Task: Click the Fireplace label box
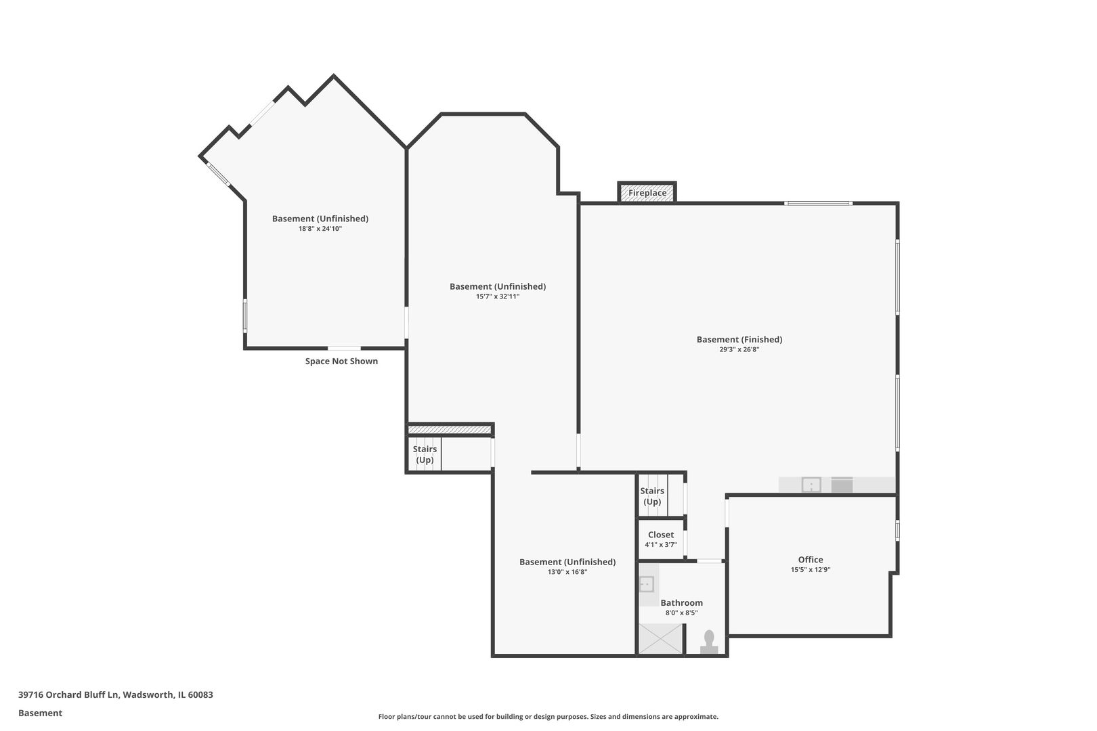click(x=647, y=193)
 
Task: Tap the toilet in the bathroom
click(x=709, y=642)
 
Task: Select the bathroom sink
click(x=647, y=583)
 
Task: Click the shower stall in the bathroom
click(x=661, y=639)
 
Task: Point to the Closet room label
click(x=661, y=535)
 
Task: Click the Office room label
click(x=811, y=560)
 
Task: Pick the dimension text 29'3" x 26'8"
click(x=739, y=350)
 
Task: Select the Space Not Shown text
click(x=341, y=361)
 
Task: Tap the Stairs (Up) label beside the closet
click(x=652, y=496)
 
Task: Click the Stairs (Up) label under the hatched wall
click(x=425, y=454)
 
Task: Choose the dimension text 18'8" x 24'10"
click(x=320, y=229)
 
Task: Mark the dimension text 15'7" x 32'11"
click(x=498, y=296)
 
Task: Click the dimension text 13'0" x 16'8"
click(x=567, y=572)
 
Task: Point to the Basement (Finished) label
click(x=739, y=340)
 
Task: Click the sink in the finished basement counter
click(x=811, y=485)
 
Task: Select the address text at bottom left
click(x=116, y=694)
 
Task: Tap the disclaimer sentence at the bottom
click(x=548, y=716)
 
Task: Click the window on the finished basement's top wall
click(x=818, y=203)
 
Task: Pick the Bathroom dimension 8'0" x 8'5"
click(x=681, y=613)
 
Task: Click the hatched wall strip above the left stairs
click(x=450, y=430)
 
